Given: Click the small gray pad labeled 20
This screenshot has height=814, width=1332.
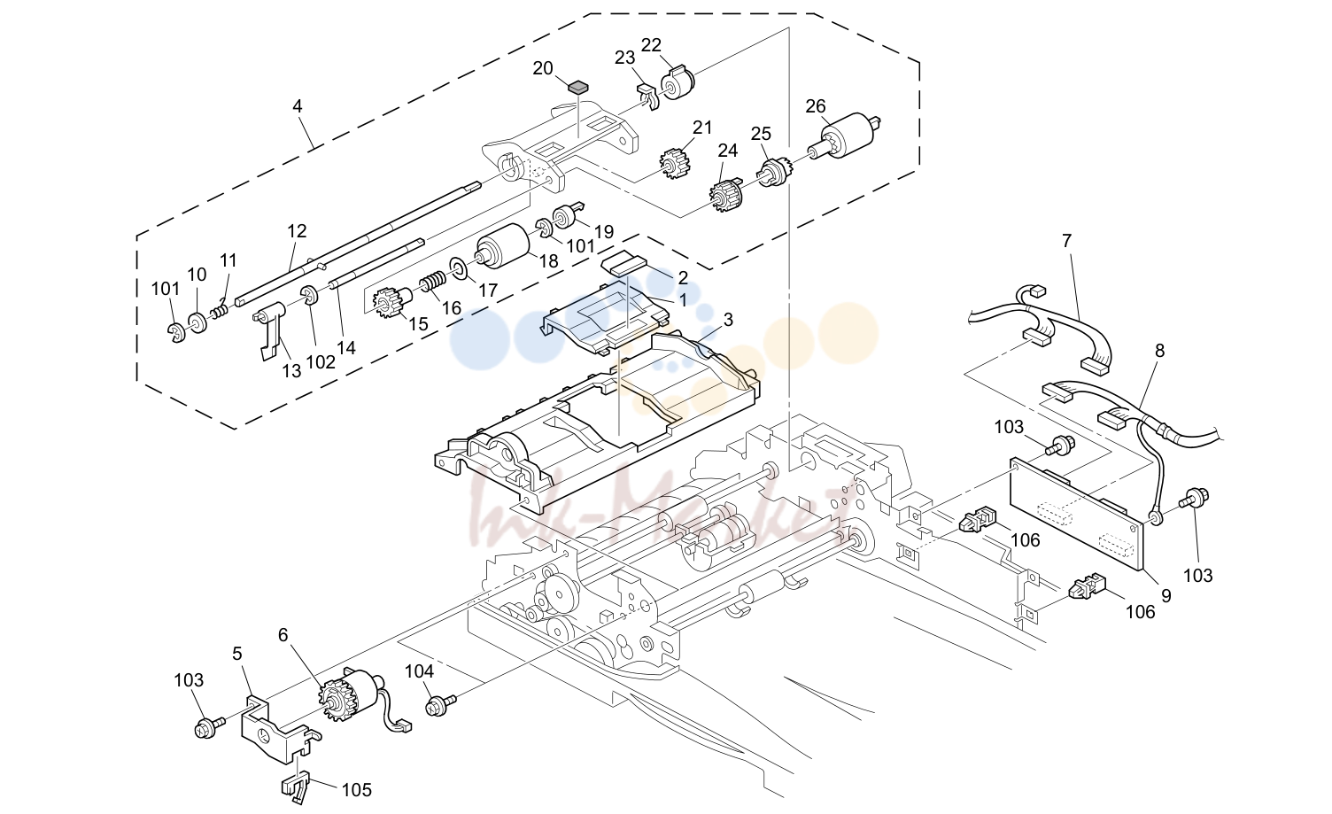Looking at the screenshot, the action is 577,88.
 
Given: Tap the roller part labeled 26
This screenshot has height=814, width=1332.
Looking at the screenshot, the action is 843,136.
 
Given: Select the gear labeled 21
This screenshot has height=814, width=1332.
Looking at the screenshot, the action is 675,164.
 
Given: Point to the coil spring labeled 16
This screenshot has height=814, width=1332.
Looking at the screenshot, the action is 433,282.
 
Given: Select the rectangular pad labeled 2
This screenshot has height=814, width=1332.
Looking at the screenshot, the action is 624,263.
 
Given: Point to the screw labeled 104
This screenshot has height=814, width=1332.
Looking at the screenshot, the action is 440,705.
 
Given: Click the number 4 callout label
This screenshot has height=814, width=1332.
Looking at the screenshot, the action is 298,106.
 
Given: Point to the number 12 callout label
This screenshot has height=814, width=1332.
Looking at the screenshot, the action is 297,231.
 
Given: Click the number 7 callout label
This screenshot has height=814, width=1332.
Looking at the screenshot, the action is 1067,241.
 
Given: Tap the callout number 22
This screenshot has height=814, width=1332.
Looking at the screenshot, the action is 651,45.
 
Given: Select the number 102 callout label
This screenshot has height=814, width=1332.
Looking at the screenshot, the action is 321,362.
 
